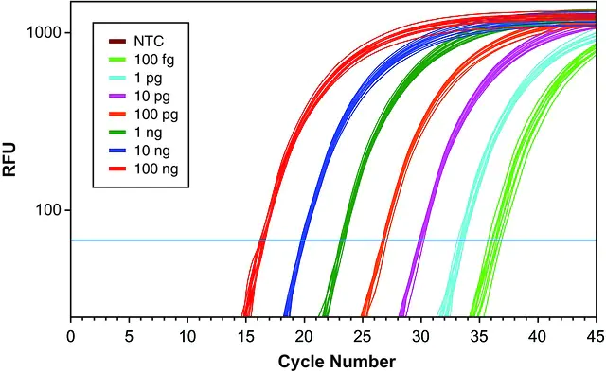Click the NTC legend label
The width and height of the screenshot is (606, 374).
point(149,41)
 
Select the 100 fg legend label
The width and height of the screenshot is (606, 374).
point(154,60)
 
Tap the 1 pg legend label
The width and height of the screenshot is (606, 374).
point(148,78)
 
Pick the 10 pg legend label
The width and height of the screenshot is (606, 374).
point(151,97)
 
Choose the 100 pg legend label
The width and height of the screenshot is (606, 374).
point(156,115)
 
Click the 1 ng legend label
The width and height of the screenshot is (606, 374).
point(148,133)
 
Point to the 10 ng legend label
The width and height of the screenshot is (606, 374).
point(151,151)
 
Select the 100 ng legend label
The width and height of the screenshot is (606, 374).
point(156,169)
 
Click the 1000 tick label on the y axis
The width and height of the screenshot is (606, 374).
point(44,32)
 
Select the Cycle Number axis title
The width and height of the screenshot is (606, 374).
point(337,362)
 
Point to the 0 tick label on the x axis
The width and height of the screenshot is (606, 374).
point(71,336)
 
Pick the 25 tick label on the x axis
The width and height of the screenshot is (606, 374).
point(363,336)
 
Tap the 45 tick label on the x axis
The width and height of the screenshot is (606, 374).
point(596,336)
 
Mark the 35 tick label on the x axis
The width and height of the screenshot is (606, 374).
point(479,336)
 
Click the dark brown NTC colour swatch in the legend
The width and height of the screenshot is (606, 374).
point(117,41)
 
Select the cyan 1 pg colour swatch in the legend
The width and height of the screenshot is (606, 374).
point(117,78)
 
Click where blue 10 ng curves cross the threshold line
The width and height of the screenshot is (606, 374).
point(303,240)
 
